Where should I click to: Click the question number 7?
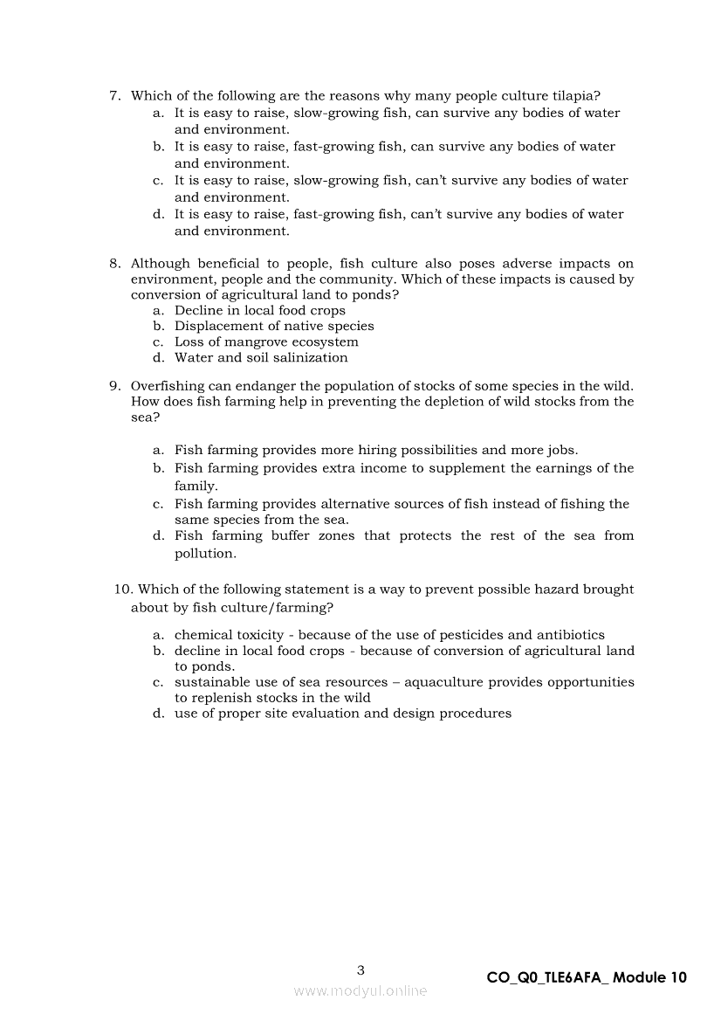114,96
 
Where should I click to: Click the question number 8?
114,264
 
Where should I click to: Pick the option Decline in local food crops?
259,310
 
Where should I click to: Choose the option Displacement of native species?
274,326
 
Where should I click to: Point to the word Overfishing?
168,386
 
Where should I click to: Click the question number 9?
114,386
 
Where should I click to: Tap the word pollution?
205,554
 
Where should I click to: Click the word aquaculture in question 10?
439,682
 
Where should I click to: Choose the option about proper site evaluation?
342,714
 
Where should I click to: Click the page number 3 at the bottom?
360,969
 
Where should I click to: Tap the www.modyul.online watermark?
360,990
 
